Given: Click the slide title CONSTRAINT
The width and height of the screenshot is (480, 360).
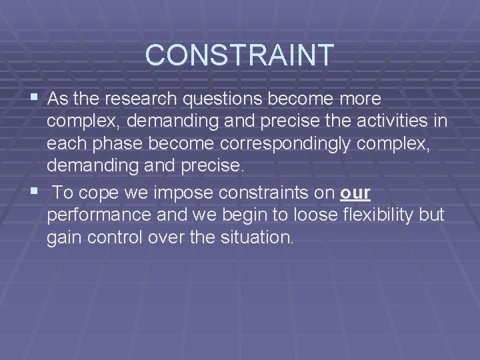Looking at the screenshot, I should click(x=239, y=55).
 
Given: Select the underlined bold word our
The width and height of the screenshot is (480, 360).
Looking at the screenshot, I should click(x=355, y=193).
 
